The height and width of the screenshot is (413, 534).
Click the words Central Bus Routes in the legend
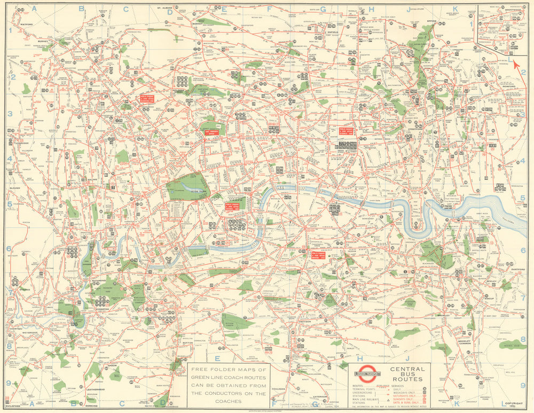(x=407, y=374)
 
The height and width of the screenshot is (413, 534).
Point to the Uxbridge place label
(x=22, y=143)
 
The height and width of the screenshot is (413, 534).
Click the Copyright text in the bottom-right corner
(x=515, y=404)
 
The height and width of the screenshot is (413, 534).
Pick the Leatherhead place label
(x=97, y=390)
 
